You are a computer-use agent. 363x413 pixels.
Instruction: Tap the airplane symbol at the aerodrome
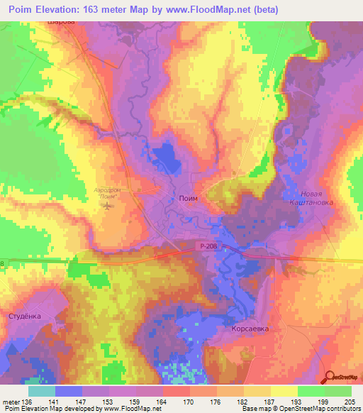[x=107, y=206]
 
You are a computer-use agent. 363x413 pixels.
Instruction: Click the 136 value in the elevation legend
[x=27, y=401]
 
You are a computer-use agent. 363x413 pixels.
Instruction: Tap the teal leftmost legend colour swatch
[x=41, y=391]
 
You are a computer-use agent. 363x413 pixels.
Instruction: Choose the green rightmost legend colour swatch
[x=337, y=391]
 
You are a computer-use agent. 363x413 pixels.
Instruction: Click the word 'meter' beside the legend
[x=9, y=401]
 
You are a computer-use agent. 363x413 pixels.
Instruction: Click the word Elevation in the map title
[x=62, y=9]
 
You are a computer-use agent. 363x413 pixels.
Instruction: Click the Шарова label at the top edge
[x=59, y=22]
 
